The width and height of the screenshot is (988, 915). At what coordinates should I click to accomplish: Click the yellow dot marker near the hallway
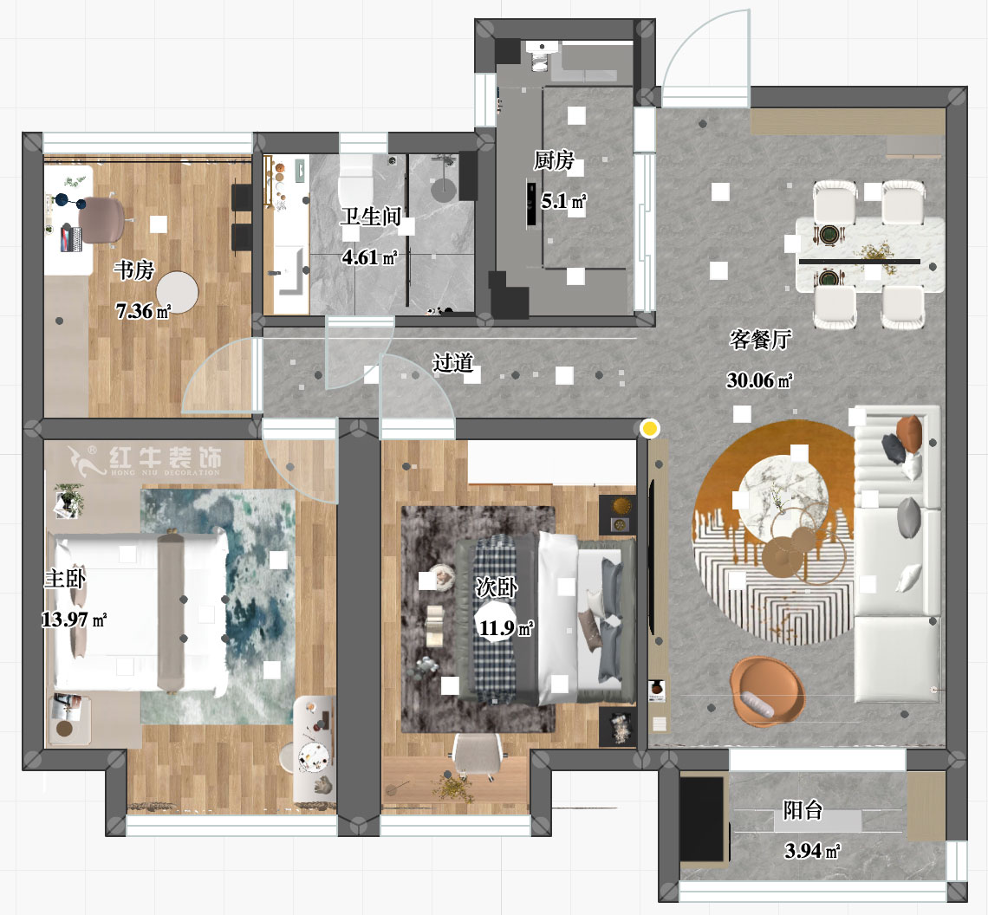pos(649,428)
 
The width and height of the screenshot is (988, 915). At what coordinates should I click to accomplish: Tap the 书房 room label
pos(133,271)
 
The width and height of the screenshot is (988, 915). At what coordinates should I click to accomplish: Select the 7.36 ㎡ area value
pos(143,311)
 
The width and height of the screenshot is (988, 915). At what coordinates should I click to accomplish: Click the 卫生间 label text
pos(370,216)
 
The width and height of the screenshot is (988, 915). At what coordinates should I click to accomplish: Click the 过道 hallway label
pos(452,362)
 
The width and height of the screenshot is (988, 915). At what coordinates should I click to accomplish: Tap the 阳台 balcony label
pos(803,810)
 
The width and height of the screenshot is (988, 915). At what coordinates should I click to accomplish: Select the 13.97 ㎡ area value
pos(74,620)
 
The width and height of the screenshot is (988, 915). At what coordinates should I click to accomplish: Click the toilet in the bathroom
pos(355,182)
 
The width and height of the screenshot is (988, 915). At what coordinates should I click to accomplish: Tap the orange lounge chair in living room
pos(767,689)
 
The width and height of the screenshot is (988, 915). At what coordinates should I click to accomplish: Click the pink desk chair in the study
pos(103,217)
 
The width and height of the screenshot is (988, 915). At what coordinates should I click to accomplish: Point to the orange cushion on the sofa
pos(910,432)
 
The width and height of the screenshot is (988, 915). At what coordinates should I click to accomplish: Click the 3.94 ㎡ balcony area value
pos(811,851)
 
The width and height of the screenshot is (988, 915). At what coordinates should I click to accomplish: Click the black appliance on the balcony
pos(703,819)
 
